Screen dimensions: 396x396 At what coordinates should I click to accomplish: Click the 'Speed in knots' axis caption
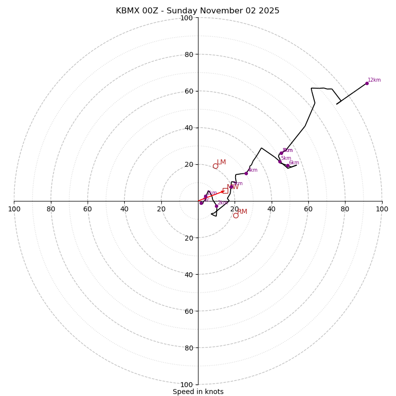tap(198, 392)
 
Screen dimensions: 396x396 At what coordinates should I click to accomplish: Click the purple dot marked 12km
tap(367, 83)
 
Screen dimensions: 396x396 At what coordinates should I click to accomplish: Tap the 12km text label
tap(374, 80)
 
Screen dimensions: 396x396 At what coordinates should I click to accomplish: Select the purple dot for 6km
tap(288, 166)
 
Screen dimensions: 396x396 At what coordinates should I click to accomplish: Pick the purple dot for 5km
tap(280, 161)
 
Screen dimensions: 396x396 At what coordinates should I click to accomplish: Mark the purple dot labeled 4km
tap(246, 173)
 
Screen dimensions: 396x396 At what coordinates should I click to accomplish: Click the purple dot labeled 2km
tap(216, 206)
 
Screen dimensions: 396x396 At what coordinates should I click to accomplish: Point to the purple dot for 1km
tap(205, 197)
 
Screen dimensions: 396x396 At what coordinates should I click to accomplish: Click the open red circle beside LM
tap(215, 166)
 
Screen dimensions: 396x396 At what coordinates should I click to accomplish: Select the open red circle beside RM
tap(236, 215)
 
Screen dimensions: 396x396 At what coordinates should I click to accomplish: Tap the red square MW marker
tap(225, 191)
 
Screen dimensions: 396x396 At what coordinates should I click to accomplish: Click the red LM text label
tap(221, 162)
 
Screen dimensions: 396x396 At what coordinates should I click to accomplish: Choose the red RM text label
tap(242, 212)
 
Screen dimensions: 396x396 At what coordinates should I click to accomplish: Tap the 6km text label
tap(294, 163)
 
